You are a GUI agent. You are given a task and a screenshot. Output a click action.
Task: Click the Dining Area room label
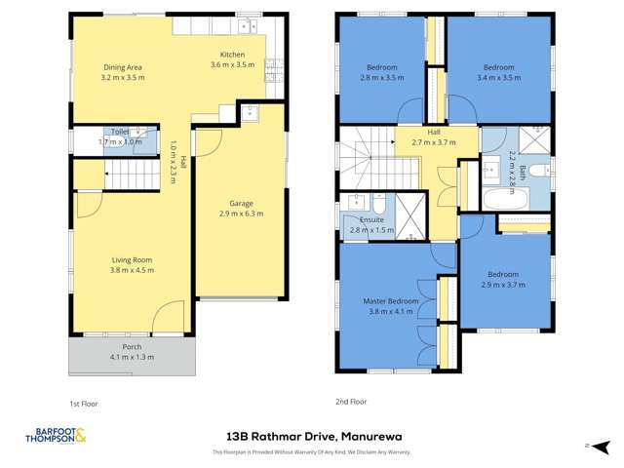(123, 67)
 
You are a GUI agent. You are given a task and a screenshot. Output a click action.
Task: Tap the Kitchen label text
(232, 55)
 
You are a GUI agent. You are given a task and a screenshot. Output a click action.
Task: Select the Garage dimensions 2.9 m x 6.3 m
(240, 213)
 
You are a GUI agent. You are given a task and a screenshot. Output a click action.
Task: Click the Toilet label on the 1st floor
(120, 131)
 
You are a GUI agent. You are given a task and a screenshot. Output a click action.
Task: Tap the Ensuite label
(371, 220)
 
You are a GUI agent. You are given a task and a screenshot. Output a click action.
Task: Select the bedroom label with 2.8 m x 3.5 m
(381, 67)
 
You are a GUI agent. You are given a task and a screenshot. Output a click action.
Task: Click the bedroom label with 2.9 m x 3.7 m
(503, 274)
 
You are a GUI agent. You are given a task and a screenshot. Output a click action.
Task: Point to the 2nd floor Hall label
(434, 132)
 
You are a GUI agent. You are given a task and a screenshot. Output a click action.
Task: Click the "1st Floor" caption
(83, 403)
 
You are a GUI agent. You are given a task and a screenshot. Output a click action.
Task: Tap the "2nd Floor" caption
(351, 401)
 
